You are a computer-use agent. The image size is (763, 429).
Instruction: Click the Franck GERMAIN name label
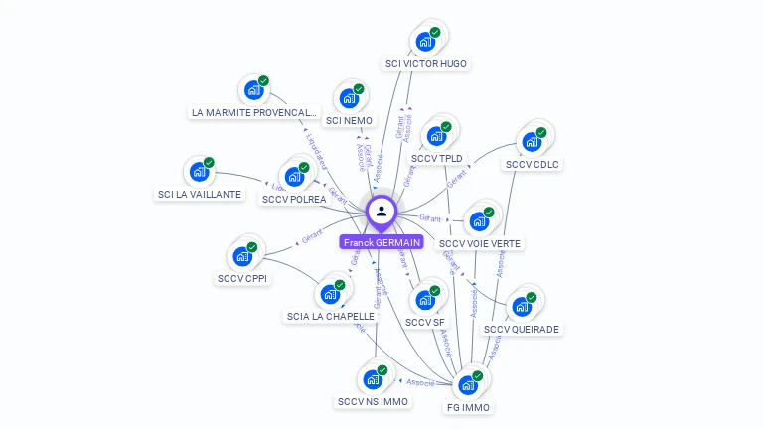point(381,242)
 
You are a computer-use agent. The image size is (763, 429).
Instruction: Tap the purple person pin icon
point(381,211)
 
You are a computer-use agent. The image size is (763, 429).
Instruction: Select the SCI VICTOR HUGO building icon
point(425,42)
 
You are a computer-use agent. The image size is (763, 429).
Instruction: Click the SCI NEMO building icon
point(349,98)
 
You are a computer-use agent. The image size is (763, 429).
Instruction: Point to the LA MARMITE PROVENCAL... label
point(254,113)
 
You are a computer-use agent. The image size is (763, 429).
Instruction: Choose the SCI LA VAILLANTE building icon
point(200,172)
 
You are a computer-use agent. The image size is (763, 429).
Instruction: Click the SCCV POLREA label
point(294,200)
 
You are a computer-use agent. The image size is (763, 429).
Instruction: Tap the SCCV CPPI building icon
point(242,256)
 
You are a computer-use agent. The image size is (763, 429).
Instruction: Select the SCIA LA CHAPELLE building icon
point(330,295)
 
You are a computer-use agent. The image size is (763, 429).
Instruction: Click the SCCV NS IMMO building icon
point(373,379)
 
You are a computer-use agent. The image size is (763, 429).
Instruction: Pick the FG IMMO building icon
point(468,385)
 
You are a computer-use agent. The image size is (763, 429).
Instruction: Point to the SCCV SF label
point(425,322)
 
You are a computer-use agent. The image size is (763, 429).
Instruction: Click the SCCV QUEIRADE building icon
point(522,306)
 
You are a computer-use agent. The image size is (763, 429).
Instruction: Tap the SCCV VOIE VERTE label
point(480,243)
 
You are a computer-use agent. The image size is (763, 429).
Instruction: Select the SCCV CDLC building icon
point(532,142)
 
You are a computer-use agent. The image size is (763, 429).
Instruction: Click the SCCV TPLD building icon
point(436,136)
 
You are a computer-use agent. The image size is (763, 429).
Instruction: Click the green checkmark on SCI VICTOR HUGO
point(435,33)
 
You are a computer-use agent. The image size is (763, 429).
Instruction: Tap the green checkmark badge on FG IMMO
point(478,376)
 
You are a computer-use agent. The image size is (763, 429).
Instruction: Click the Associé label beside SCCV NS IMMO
point(418,380)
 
